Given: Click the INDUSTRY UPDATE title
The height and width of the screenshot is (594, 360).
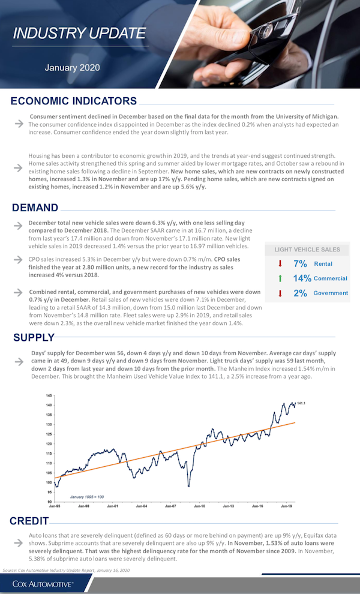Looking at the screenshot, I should tap(79, 33).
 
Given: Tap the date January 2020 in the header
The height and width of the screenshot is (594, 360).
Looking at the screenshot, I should tap(71, 68).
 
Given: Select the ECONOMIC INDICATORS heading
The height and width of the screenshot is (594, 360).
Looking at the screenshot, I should tap(74, 101).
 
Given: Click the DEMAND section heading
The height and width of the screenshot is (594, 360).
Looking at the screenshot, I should tap(35, 208).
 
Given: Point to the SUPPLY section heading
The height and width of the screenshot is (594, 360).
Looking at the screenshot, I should tap(34, 338).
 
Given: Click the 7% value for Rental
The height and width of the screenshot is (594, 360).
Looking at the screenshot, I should tap(300, 264).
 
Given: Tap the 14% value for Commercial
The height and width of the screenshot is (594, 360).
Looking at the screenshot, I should tap(302, 278).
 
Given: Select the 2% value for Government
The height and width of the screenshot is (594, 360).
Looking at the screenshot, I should tap(300, 293).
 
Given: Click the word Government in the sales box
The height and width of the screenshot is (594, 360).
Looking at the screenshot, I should tap(331, 293).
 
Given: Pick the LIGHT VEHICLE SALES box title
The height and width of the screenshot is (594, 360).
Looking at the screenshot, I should tap(307, 250).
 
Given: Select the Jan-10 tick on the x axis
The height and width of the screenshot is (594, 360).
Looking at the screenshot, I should tap(199, 506).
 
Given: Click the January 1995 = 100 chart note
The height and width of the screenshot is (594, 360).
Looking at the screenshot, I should tap(88, 497).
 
